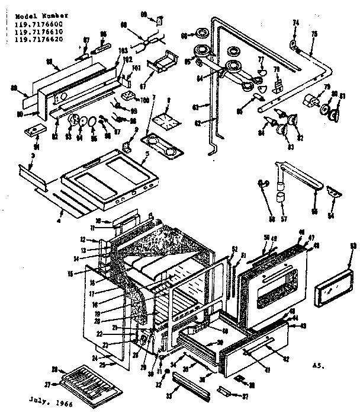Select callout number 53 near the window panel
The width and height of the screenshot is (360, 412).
click(353, 263)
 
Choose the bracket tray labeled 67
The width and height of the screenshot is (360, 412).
click(163, 62)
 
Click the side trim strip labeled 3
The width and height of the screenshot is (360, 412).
click(36, 174)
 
